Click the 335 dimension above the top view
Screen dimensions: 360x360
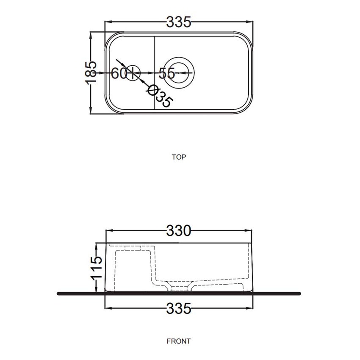point(179,22)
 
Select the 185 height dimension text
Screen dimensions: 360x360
point(91,72)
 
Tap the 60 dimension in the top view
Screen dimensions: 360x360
point(119,73)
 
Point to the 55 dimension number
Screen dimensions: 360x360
point(167,73)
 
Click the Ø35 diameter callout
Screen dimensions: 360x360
point(160,96)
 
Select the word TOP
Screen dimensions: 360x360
point(179,157)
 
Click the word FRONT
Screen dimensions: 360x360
point(179,341)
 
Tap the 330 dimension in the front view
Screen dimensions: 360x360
point(179,231)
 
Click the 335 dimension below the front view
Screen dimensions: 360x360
point(179,308)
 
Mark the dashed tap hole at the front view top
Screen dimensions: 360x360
point(133,248)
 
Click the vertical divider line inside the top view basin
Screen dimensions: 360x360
point(155,73)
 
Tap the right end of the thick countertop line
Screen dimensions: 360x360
point(299,293)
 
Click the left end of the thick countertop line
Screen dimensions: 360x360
point(58,293)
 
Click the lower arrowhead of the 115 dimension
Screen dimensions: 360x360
point(97,290)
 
